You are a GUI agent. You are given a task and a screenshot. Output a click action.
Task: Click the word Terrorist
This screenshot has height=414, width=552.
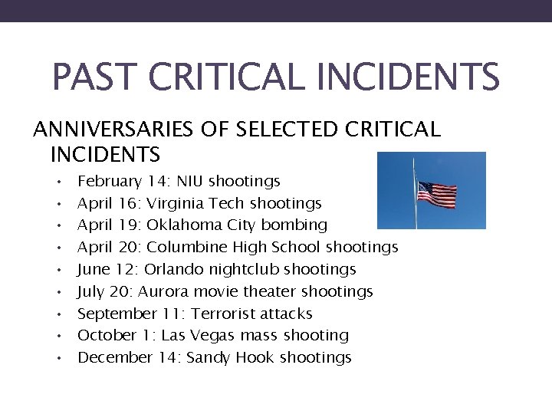tap(224, 314)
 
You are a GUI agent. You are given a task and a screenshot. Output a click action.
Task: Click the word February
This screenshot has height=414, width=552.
tap(110, 182)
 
